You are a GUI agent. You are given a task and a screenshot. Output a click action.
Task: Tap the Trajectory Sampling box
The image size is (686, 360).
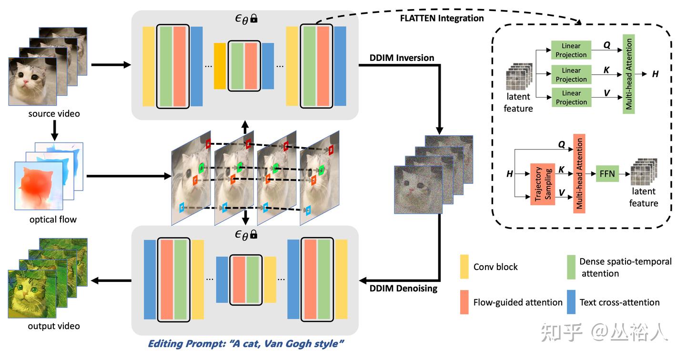(x=543, y=184)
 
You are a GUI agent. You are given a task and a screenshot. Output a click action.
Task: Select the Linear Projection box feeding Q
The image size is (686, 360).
(x=571, y=50)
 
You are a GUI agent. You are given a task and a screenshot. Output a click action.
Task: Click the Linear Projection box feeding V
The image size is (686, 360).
(x=571, y=97)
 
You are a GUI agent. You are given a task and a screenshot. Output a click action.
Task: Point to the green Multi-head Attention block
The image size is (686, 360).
(x=629, y=74)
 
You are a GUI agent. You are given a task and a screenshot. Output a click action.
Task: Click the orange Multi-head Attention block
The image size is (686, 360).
(x=579, y=174)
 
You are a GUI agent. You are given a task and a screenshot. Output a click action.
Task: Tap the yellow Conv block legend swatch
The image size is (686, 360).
(x=464, y=267)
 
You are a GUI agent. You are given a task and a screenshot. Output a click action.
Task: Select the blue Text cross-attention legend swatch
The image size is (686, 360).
(x=571, y=302)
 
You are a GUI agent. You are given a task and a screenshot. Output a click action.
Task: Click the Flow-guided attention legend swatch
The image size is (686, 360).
(x=464, y=302)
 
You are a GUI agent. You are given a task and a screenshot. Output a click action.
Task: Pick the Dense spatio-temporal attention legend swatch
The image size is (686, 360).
(x=571, y=267)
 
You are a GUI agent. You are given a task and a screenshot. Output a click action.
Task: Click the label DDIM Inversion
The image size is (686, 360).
(x=402, y=58)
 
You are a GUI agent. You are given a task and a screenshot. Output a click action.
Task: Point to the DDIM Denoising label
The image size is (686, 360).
(x=403, y=288)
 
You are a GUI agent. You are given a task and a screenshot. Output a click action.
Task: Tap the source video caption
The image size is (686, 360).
(x=54, y=114)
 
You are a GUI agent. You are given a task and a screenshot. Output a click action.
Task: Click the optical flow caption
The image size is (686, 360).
(x=53, y=220)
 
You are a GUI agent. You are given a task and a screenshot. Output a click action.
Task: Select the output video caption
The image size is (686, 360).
(x=54, y=326)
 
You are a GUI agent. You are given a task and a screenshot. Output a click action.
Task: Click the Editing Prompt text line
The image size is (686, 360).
(x=246, y=344)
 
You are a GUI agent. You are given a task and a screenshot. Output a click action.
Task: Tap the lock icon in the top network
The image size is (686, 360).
(x=254, y=19)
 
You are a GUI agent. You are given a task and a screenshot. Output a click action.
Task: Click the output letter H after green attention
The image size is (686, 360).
(x=656, y=74)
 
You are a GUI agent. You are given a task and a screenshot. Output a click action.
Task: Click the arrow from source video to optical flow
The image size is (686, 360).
(x=54, y=130)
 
